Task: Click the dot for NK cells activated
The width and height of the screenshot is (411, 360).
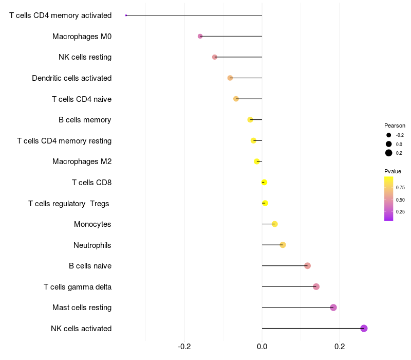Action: pyautogui.click(x=364, y=328)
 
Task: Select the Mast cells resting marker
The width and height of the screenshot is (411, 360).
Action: pyautogui.click(x=333, y=308)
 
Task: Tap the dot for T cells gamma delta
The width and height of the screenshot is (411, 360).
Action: pyautogui.click(x=316, y=286)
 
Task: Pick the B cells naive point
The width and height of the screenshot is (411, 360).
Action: pyautogui.click(x=307, y=266)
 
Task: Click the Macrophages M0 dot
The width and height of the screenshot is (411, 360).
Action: pyautogui.click(x=200, y=36)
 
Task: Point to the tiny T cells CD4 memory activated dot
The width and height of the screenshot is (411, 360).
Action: pyautogui.click(x=126, y=15)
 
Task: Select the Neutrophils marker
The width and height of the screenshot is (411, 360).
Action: pyautogui.click(x=283, y=245)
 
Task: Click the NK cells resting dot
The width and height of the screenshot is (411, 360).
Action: pyautogui.click(x=215, y=57)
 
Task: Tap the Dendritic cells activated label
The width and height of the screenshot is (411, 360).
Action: pyautogui.click(x=71, y=78)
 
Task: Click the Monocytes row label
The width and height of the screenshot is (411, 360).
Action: pyautogui.click(x=92, y=224)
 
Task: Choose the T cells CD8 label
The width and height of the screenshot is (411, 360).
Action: pyautogui.click(x=91, y=183)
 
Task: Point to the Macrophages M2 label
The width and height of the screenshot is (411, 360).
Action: pyautogui.click(x=82, y=161)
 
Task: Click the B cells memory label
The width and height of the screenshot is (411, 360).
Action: pyautogui.click(x=85, y=120)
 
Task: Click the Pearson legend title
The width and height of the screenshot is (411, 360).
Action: pyautogui.click(x=395, y=125)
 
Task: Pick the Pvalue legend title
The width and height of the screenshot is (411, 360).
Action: pyautogui.click(x=393, y=171)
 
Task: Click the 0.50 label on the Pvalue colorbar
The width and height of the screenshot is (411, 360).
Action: pyautogui.click(x=400, y=200)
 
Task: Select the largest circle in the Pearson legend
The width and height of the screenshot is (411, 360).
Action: pyautogui.click(x=389, y=153)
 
